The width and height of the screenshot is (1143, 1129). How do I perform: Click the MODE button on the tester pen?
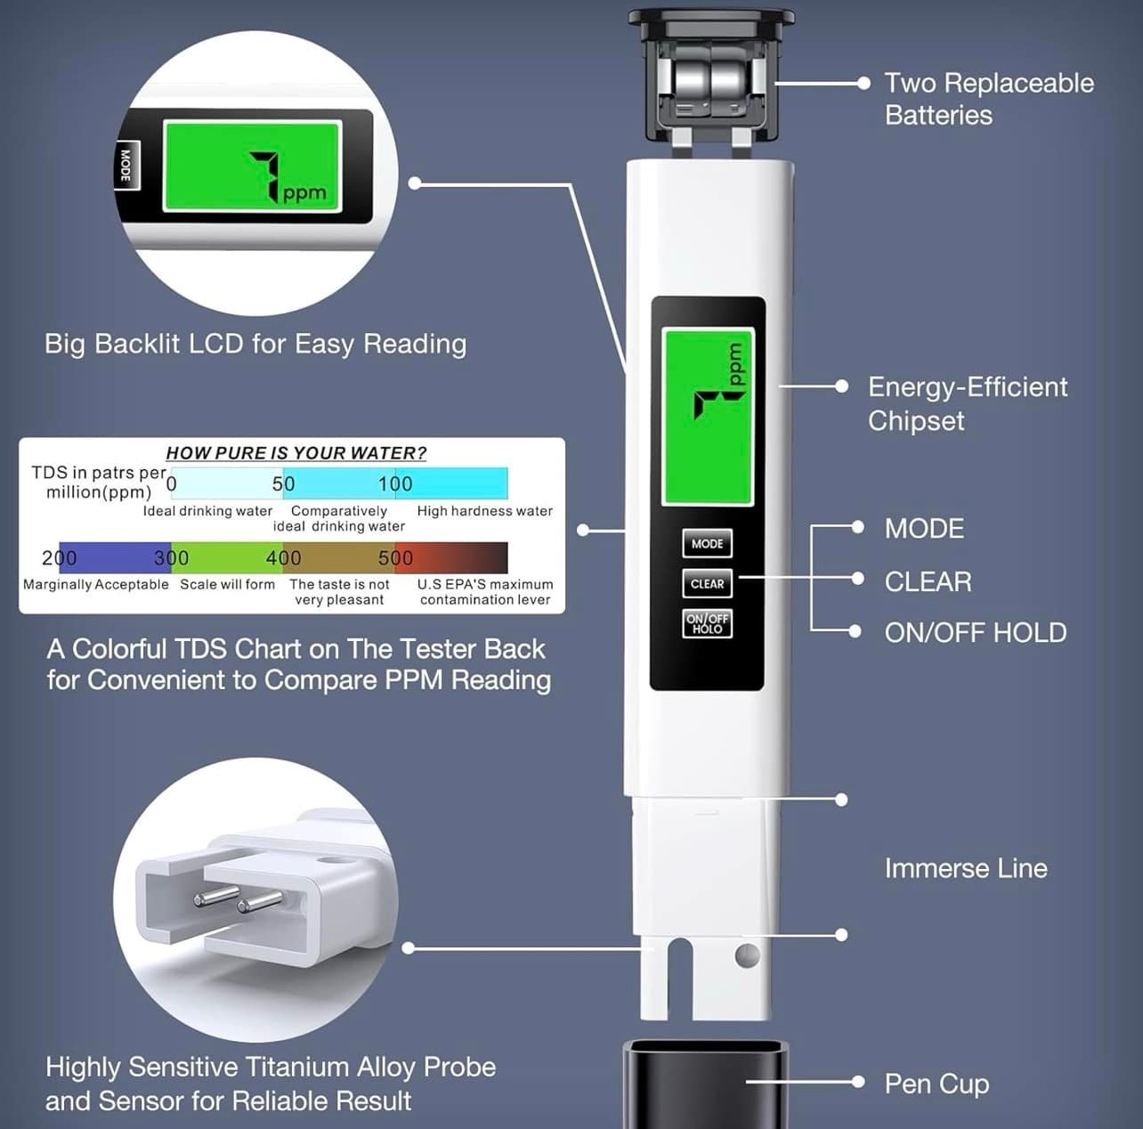pos(707,543)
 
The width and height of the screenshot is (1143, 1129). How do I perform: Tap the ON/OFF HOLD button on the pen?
pos(707,623)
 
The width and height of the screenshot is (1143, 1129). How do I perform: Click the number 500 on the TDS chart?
pos(395,558)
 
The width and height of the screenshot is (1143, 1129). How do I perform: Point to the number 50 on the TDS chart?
pos(283,483)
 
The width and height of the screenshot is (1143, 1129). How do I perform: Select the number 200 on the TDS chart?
pos(59,558)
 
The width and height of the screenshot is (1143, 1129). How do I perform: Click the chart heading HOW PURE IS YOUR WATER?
pos(296,452)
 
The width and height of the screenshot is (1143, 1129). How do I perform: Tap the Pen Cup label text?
pos(936,1084)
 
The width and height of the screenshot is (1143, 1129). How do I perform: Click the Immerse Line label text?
pos(966,868)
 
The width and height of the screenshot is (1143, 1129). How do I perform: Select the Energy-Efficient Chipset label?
pos(967,403)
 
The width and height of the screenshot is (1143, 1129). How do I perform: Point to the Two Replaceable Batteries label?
pos(988,99)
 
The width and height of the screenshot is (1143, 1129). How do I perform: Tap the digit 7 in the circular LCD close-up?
pos(267,175)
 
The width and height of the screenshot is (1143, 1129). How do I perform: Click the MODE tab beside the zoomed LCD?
pos(126,166)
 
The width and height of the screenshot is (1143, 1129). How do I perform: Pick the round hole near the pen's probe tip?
pos(748,956)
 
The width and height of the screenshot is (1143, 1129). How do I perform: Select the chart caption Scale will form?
pos(227,584)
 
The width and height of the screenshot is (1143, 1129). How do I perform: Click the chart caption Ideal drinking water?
pos(207,511)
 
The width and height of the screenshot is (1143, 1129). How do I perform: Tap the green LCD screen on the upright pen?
pos(708,415)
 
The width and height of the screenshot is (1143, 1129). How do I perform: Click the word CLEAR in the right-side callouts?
pos(928,581)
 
